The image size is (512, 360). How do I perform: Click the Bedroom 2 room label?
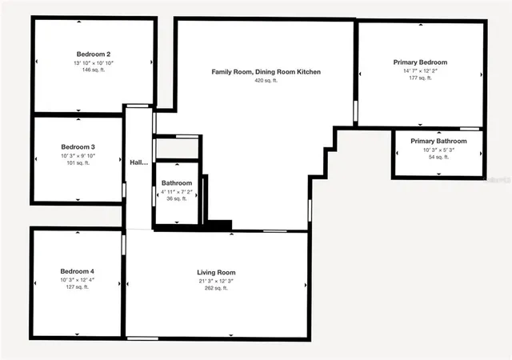(x=93, y=54)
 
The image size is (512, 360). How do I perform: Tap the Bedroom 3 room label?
(x=78, y=147)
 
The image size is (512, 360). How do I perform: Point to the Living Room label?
(x=217, y=273)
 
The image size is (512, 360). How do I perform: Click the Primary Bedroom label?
(x=420, y=62)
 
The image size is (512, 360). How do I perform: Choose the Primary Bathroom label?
(x=438, y=142)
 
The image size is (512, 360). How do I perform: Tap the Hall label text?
(x=138, y=163)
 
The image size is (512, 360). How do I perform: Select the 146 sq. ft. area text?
(x=93, y=70)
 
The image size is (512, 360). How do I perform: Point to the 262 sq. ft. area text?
(x=217, y=289)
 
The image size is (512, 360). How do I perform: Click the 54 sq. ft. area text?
(x=438, y=158)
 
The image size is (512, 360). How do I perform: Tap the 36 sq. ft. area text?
(x=176, y=199)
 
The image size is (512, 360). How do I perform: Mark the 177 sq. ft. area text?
(x=420, y=78)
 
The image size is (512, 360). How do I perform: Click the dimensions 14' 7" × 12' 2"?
(x=420, y=70)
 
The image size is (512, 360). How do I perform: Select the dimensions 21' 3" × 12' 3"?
(x=217, y=281)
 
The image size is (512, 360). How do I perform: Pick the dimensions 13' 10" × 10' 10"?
(x=93, y=62)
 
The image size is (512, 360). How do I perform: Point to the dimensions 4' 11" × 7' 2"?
(x=177, y=191)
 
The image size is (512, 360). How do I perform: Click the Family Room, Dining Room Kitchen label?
(x=266, y=72)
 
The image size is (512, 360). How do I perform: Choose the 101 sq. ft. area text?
(x=78, y=163)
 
